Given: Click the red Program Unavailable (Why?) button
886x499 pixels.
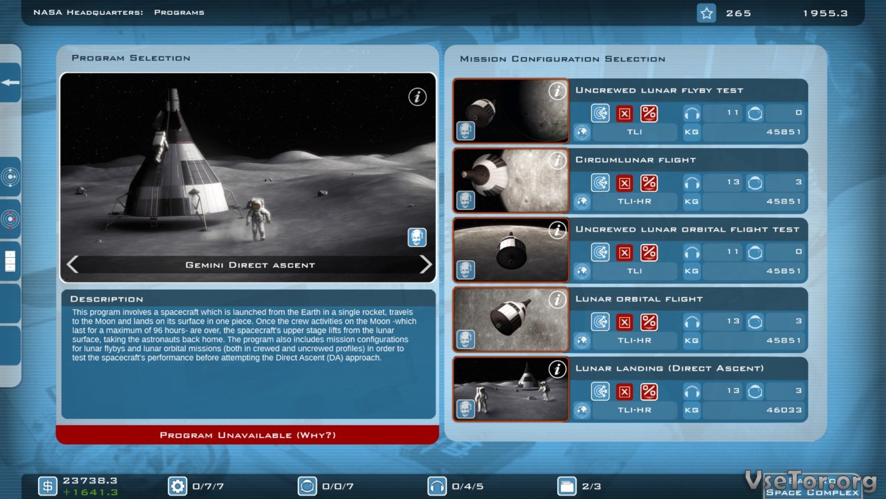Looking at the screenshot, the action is (x=247, y=435).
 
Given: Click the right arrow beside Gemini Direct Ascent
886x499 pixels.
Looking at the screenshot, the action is (x=426, y=264).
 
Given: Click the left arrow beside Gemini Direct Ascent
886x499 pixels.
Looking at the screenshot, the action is (x=73, y=264).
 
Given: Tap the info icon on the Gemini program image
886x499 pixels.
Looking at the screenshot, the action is (x=417, y=96).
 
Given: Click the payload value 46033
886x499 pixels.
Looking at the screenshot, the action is (x=784, y=410).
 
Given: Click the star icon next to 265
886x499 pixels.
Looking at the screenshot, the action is (x=706, y=14).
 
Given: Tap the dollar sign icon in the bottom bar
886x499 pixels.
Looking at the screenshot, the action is (x=47, y=486).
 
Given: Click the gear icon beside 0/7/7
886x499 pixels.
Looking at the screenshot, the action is (x=177, y=486).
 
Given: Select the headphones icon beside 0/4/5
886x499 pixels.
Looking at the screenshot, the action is (x=437, y=486).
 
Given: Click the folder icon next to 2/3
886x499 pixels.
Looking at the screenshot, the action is (x=567, y=486).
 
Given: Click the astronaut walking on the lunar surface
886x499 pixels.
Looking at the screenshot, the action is (x=258, y=219).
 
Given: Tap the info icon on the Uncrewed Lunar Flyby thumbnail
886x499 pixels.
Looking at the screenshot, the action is (x=558, y=91).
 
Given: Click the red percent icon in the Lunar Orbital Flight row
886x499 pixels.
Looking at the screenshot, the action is (x=649, y=322).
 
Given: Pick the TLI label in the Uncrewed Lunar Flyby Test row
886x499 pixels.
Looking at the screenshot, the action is (x=634, y=132).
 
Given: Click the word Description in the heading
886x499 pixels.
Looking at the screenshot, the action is (x=107, y=299).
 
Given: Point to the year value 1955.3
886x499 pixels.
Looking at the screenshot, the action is (x=826, y=14).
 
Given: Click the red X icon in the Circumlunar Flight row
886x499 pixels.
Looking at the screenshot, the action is (x=624, y=183).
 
